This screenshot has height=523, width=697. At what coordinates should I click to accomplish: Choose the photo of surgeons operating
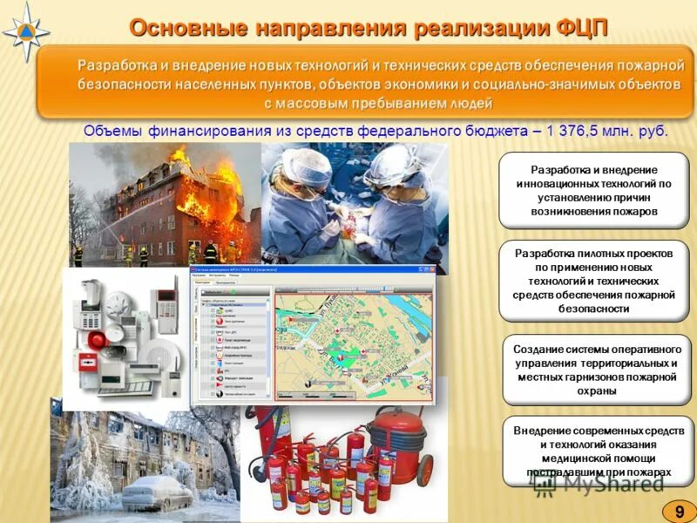point(354,205)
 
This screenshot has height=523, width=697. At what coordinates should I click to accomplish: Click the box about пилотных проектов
point(594,281)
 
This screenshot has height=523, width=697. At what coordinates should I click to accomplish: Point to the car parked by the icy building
point(157,494)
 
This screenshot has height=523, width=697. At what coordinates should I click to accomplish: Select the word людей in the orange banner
point(470,104)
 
